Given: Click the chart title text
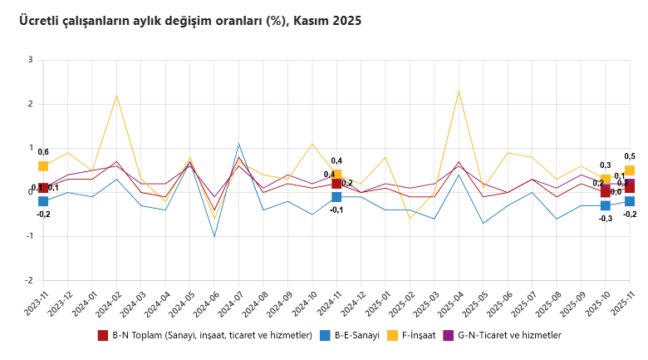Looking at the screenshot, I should pyautogui.click(x=190, y=21).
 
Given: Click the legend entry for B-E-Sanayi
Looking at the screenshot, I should pyautogui.click(x=351, y=336).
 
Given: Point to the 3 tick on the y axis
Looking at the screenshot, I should pyautogui.click(x=30, y=60).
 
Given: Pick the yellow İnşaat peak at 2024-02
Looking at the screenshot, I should pyautogui.click(x=116, y=95).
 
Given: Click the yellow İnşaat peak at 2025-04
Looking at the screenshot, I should pyautogui.click(x=459, y=90).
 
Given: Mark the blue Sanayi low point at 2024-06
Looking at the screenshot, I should pyautogui.click(x=214, y=236).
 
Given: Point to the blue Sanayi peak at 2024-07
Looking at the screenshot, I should pyautogui.click(x=238, y=144).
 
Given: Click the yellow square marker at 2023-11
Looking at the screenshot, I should pyautogui.click(x=43, y=166).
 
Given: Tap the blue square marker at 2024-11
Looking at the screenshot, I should pyautogui.click(x=336, y=197).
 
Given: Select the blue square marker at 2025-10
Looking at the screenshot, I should pyautogui.click(x=606, y=205).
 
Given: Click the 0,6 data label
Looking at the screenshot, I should pyautogui.click(x=43, y=152).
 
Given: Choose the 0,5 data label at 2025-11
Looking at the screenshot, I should pyautogui.click(x=630, y=156).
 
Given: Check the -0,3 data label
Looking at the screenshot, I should pyautogui.click(x=606, y=219).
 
